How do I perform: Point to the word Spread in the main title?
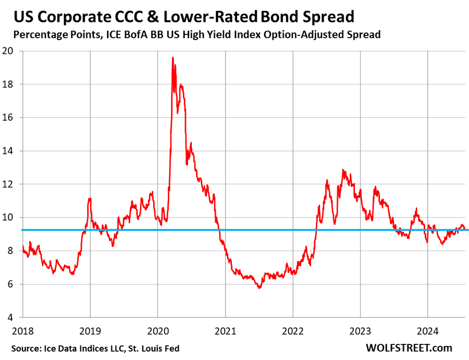coord(326,17)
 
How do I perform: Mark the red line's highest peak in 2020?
coord(172,57)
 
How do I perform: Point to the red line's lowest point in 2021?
coord(260,288)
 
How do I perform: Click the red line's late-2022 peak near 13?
coord(343,169)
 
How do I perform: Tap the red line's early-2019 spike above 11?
coord(90,198)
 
